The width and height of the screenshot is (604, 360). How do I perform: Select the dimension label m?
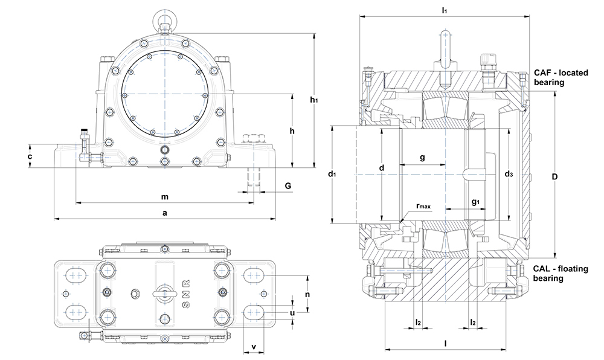164,197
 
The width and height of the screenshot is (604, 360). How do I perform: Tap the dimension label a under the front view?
164,213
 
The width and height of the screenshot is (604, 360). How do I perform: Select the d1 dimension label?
332,175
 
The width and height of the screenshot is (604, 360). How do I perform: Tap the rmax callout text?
423,207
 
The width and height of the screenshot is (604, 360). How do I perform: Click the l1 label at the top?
445,10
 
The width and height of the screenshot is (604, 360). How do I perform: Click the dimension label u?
293,312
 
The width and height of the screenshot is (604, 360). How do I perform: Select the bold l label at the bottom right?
446,344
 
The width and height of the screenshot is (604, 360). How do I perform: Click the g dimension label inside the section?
422,157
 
